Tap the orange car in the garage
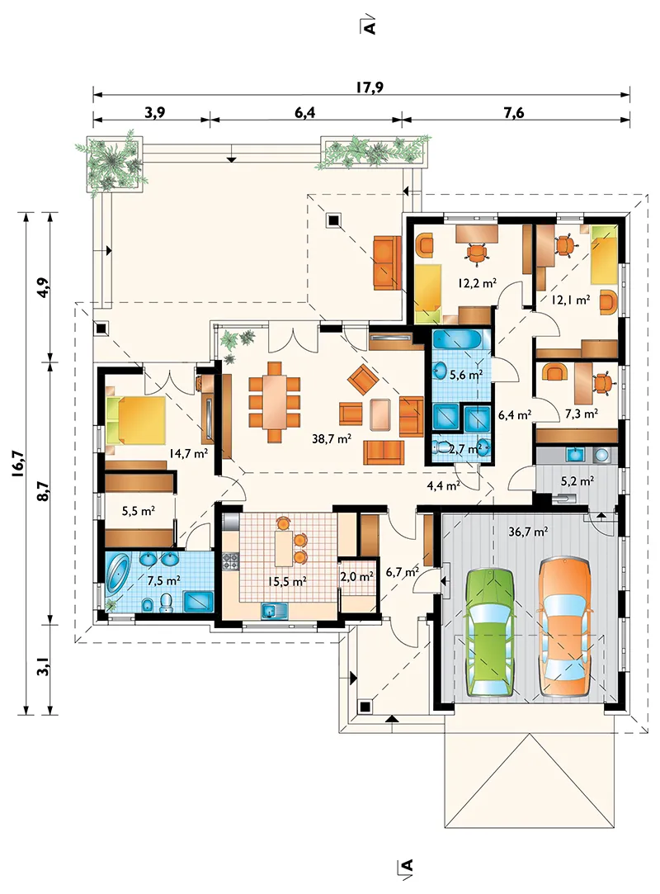coord(566,627)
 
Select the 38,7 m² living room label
coord(331,438)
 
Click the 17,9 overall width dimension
coord(370,88)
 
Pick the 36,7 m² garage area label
coord(528,532)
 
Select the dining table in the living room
coord(275,402)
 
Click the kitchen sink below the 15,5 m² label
coord(276,612)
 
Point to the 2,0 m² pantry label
coord(356,576)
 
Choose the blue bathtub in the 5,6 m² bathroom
coord(457,340)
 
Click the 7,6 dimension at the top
coord(513,112)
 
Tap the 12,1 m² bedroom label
coord(570,300)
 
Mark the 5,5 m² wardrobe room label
coord(139,511)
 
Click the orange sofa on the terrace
coord(387,263)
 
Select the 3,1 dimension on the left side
coord(43,666)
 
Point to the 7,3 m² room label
coord(582,414)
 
